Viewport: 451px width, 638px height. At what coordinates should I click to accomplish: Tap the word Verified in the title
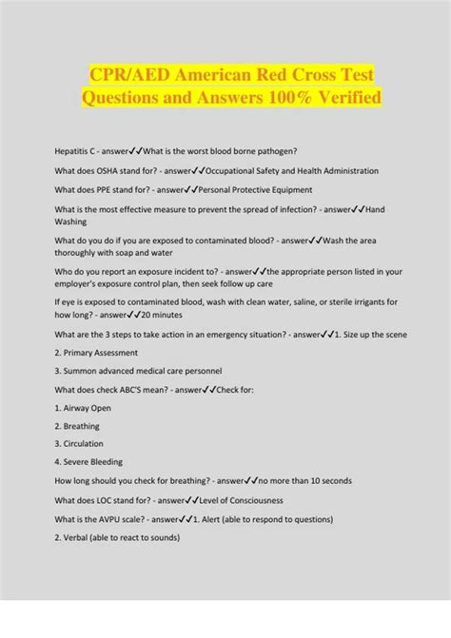(x=341, y=97)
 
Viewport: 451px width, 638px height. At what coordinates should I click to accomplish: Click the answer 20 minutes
(x=165, y=314)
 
